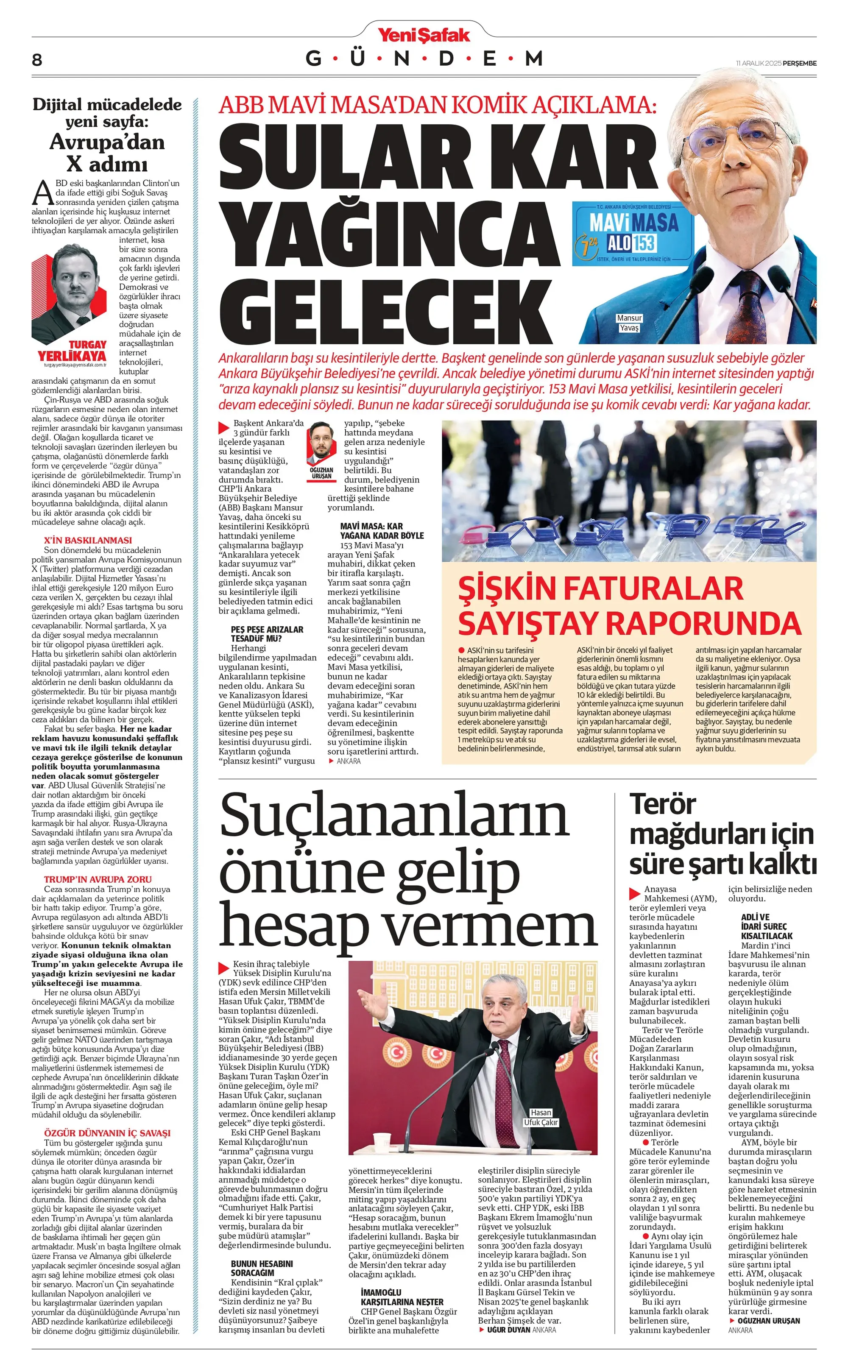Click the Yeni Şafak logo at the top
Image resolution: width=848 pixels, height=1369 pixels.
click(x=424, y=35)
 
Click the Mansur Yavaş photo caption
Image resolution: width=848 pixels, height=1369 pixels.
click(x=629, y=323)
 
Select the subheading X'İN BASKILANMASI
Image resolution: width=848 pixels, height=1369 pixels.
click(x=88, y=540)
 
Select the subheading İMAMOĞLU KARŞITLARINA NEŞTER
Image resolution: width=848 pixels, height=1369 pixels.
click(x=402, y=1297)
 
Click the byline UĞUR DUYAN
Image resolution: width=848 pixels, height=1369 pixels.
click(x=508, y=1329)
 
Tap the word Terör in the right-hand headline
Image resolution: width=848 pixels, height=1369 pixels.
click(x=662, y=804)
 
